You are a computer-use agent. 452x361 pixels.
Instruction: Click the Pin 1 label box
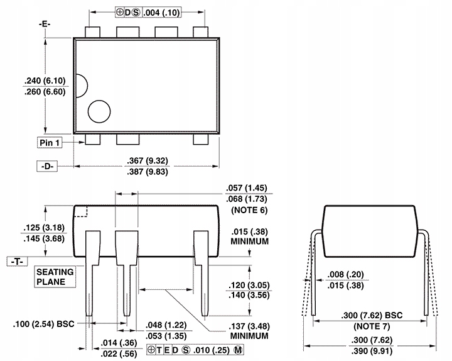[50, 143]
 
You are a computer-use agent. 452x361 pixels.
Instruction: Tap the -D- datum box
[46, 167]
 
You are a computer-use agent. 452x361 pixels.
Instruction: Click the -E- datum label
[45, 23]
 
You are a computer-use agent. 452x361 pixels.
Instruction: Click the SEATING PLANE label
[55, 277]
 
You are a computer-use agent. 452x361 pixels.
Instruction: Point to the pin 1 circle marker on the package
[99, 112]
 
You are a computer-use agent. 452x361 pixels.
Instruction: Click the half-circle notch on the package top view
[79, 86]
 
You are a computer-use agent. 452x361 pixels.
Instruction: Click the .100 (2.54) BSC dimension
[43, 325]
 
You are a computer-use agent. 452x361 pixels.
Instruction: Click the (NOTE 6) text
[249, 209]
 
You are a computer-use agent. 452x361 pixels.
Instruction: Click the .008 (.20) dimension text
[346, 274]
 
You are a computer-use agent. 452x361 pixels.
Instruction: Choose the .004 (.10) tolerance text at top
[163, 12]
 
